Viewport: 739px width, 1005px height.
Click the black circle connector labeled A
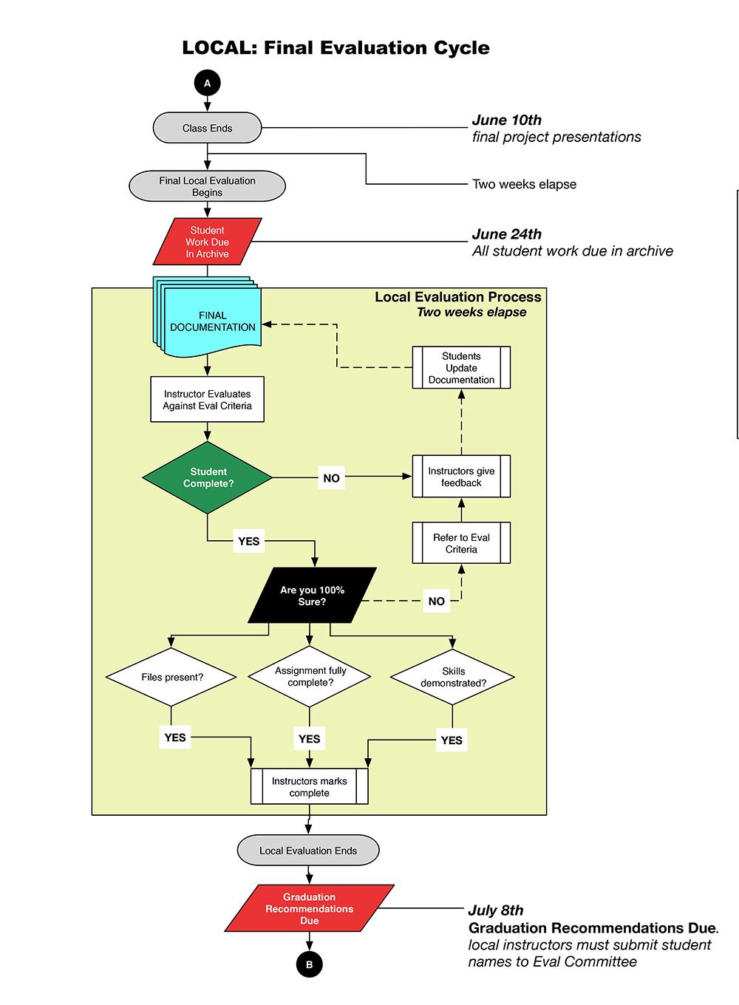207,84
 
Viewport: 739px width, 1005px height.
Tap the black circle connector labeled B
309,964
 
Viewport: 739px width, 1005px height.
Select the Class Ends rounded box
207,128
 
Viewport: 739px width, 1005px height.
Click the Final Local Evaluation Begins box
207,186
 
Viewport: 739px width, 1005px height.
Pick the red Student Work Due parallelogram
207,242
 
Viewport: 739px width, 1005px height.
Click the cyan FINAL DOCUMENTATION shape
211,321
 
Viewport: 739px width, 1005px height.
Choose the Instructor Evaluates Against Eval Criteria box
207,400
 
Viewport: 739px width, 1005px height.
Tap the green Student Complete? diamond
208,477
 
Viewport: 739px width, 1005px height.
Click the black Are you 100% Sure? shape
312,596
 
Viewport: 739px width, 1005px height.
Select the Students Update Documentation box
461,368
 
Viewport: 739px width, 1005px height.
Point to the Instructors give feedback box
461,477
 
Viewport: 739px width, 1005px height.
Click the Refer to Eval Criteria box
461,543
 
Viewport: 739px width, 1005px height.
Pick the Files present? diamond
171,677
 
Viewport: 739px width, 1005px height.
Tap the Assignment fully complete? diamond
310,677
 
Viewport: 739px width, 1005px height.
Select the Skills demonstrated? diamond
453,677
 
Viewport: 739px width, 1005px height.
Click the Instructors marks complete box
309,786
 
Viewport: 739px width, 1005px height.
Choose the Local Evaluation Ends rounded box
308,851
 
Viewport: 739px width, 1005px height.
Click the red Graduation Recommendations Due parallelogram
310,908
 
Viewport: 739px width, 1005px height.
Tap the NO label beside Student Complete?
331,478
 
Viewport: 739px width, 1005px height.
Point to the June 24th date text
507,234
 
